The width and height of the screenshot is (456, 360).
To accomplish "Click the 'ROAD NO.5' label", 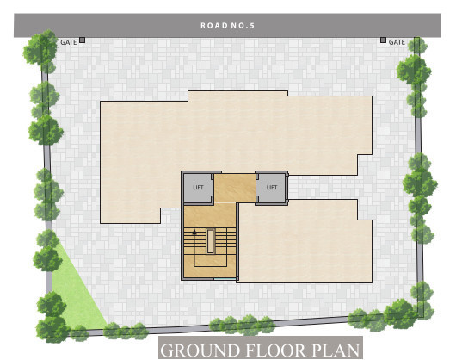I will [228, 25].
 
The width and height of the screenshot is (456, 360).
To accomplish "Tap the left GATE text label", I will [69, 41].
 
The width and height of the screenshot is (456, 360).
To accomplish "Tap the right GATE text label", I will [397, 41].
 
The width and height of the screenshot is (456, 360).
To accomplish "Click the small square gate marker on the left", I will [82, 40].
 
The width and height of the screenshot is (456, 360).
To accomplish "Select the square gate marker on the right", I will [383, 40].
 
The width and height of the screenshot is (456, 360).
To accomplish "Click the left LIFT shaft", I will [198, 187].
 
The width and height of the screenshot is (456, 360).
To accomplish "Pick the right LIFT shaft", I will [271, 187].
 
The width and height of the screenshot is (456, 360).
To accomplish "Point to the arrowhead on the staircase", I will [195, 231].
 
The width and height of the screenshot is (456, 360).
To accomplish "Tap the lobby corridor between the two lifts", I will [235, 187].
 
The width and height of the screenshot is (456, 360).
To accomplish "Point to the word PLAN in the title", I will [333, 351].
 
